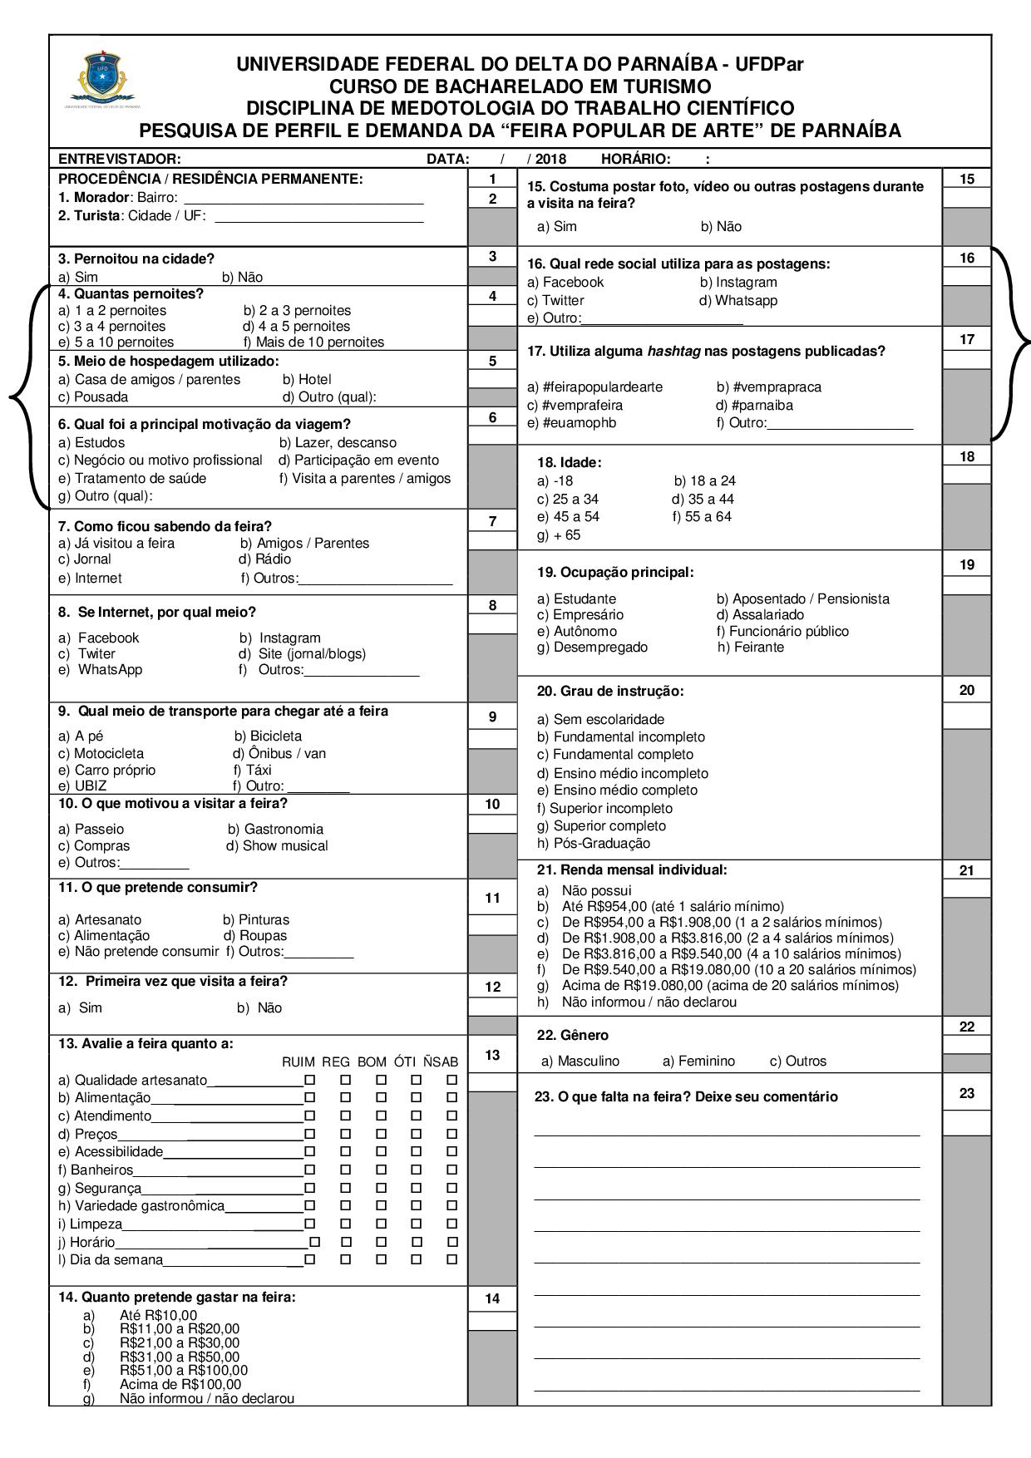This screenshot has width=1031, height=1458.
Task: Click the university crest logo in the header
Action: pos(103,79)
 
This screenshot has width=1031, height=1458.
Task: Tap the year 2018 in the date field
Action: pos(550,159)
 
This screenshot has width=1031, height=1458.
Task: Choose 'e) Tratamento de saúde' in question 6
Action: pos(132,478)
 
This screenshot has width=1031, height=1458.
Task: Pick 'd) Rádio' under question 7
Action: pos(264,559)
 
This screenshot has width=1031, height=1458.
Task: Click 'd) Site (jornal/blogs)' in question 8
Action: pos(302,653)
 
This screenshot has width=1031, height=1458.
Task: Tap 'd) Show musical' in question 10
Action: pos(277,845)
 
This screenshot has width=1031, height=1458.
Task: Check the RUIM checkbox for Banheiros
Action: pos(309,1170)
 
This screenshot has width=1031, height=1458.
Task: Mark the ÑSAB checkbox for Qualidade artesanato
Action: pos(451,1080)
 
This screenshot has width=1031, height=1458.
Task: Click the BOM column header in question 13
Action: pos(372,1061)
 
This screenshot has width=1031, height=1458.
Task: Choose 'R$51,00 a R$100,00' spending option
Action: pos(183,1370)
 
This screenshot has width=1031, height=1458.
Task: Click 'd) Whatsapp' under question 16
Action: pos(738,300)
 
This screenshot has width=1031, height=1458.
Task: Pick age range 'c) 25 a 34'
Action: pos(568,499)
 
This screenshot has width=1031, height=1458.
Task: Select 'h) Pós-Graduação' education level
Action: pos(594,843)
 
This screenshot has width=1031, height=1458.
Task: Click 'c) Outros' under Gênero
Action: pos(797,1061)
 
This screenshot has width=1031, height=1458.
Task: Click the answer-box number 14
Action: pos(492,1298)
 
